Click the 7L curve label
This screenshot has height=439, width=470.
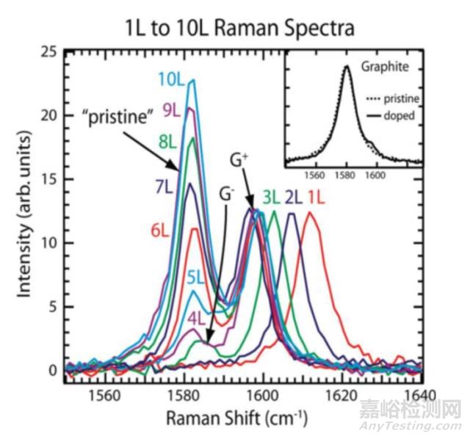coord(166,175)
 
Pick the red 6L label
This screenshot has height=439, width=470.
coord(162,231)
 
